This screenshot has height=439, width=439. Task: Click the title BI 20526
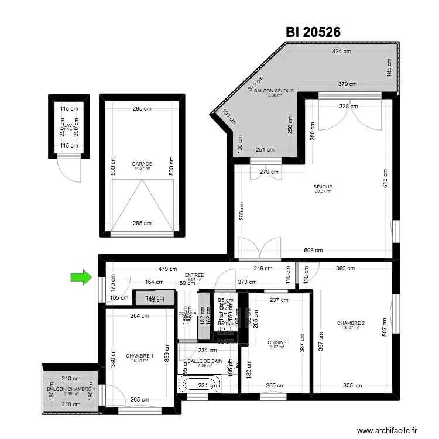313,32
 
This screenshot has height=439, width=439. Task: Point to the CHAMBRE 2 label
351,324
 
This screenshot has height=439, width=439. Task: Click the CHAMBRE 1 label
139,356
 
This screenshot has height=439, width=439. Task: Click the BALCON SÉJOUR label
272,92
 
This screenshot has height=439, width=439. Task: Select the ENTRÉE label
194,275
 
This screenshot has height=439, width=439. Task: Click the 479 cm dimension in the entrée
167,269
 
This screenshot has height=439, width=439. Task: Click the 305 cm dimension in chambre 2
352,385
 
